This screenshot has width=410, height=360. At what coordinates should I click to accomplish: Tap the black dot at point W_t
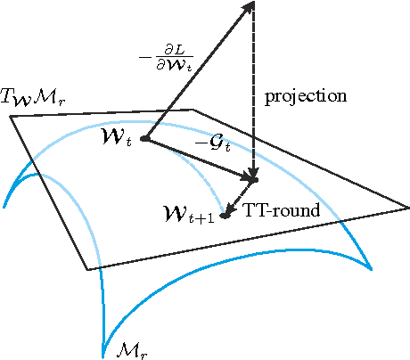(144, 139)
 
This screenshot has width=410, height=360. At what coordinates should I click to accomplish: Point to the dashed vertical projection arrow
(255, 98)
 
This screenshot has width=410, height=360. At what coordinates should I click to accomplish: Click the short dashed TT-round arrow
(240, 198)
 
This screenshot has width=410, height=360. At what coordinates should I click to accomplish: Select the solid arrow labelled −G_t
(200, 160)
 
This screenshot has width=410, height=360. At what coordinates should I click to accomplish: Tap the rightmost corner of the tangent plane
(407, 209)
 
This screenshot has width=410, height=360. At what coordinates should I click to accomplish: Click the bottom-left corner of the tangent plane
(87, 269)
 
